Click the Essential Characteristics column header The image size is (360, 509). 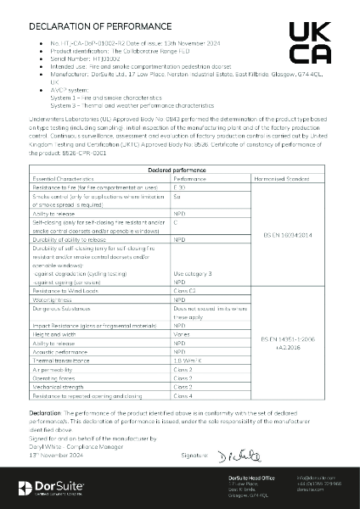point(65,179)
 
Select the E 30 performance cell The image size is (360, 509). point(178,187)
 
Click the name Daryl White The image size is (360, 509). point(48,448)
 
